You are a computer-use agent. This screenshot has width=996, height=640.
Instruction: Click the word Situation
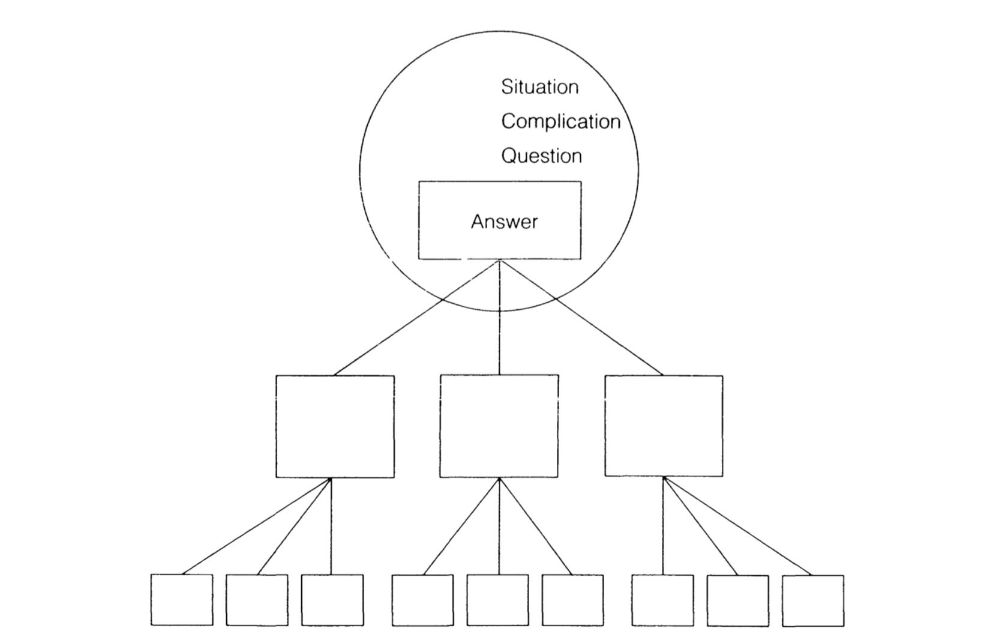(x=539, y=87)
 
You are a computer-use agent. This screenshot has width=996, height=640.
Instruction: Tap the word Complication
(x=560, y=121)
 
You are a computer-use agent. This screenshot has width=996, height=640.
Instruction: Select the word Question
(x=541, y=156)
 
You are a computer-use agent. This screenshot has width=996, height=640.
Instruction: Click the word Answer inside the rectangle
(x=504, y=222)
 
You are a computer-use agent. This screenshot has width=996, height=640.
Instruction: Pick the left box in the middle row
(x=335, y=426)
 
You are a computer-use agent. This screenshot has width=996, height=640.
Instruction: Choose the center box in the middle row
(x=499, y=426)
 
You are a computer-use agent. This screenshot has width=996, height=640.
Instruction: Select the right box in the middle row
(x=664, y=426)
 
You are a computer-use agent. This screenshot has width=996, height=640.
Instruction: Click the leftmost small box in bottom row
(x=181, y=600)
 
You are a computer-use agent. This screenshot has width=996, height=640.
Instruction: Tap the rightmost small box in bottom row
(x=812, y=600)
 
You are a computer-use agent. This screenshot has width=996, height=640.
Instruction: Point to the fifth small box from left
(x=497, y=600)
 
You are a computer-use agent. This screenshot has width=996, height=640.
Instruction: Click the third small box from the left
(x=332, y=600)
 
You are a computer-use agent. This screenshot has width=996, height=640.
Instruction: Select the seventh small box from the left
(x=662, y=600)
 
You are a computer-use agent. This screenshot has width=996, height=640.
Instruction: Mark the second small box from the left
(x=257, y=600)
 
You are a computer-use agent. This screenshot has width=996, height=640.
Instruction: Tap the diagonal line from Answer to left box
(x=414, y=319)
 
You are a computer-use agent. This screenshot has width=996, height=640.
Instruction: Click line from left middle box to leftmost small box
(x=257, y=526)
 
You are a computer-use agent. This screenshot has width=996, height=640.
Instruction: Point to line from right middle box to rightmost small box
(x=738, y=527)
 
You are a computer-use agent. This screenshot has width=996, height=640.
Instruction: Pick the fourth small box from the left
(x=422, y=600)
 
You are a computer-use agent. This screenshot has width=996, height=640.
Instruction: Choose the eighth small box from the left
(x=737, y=600)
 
